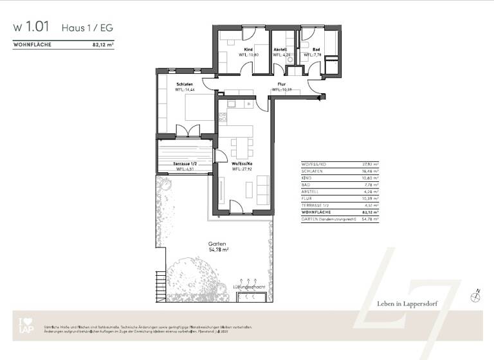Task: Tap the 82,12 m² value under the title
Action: click(x=103, y=46)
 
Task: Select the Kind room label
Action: click(x=248, y=50)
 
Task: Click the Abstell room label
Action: click(x=280, y=50)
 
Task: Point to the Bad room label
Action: click(x=316, y=50)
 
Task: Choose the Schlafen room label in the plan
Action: click(x=186, y=84)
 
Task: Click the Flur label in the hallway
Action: click(x=282, y=84)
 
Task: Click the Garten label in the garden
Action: click(x=216, y=244)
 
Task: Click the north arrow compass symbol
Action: click(x=475, y=295)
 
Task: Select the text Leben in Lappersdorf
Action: click(x=407, y=303)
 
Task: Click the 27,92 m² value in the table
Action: click(x=371, y=165)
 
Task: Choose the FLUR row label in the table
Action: click(x=306, y=199)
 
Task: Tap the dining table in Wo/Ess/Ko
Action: click(x=241, y=148)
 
